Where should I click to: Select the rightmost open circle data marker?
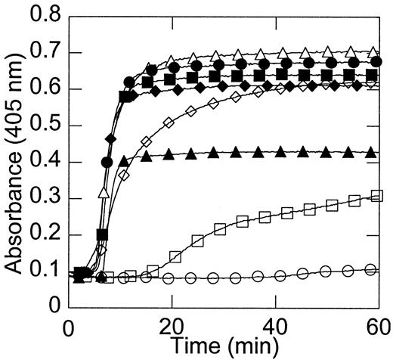coord(370,269)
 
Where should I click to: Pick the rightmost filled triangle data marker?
coord(370,153)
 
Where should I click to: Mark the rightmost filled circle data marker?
coord(376,62)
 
